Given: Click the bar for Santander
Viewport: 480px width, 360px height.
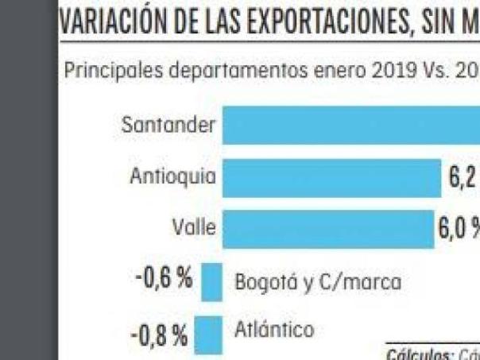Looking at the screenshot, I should (x=350, y=126).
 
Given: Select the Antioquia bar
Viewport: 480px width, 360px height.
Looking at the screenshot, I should (x=331, y=177).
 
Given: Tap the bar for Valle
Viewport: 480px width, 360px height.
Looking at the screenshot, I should (x=327, y=227).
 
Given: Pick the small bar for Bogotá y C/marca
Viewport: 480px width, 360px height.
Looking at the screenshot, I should (x=212, y=282).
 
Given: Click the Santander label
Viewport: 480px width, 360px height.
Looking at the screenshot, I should (x=168, y=126).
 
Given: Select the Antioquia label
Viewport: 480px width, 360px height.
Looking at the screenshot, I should (x=172, y=176).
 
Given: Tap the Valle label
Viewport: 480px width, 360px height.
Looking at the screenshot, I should (x=195, y=227).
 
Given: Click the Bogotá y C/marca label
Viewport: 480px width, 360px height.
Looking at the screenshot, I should (x=318, y=282).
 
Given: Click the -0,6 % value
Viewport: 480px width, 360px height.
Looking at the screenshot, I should (x=162, y=280).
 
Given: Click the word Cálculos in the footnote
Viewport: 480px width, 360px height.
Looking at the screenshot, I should (x=414, y=354).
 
